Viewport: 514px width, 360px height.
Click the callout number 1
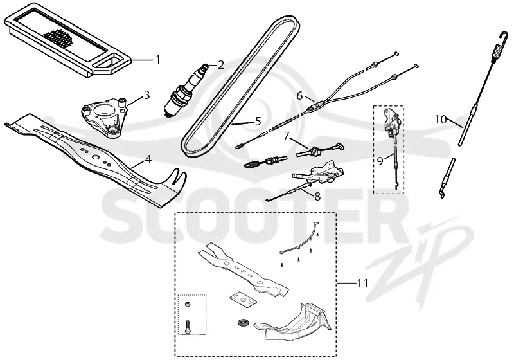tap(158, 60)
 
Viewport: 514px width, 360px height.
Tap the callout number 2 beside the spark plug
tap(221, 65)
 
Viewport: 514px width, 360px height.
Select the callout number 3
tap(146, 95)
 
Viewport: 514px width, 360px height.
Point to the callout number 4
tap(148, 159)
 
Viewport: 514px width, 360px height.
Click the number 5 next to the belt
tap(258, 122)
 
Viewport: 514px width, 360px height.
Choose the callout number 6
tap(299, 96)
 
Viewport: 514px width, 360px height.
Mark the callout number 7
tap(287, 136)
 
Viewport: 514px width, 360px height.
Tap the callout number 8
tap(317, 197)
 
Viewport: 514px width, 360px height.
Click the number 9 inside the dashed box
tap(380, 161)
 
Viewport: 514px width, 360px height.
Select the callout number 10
tap(441, 120)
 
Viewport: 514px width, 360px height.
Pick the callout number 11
tap(362, 283)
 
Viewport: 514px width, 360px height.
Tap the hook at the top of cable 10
tap(504, 37)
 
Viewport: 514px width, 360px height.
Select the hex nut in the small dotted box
tap(188, 304)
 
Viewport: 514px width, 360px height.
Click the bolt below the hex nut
tap(188, 327)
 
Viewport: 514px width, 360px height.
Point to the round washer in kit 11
tap(243, 322)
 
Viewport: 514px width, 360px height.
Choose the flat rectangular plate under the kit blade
tap(242, 300)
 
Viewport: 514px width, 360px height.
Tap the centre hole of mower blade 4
tap(95, 157)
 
